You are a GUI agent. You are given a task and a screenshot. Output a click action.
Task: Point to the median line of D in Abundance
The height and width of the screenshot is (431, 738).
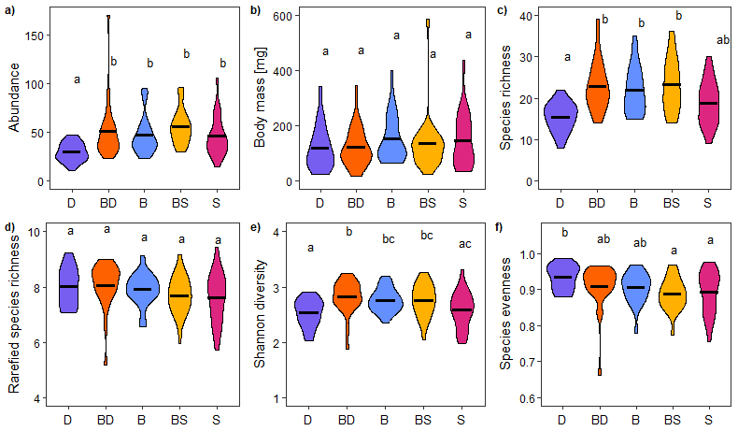tap(70, 151)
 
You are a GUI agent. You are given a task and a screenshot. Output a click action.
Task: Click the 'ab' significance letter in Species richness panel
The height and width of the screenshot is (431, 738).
tap(724, 40)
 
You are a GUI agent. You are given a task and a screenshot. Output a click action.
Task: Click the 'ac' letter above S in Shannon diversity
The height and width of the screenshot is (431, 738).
tap(464, 244)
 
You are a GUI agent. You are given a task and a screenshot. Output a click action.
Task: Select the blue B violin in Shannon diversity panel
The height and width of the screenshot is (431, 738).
tap(384, 299)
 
